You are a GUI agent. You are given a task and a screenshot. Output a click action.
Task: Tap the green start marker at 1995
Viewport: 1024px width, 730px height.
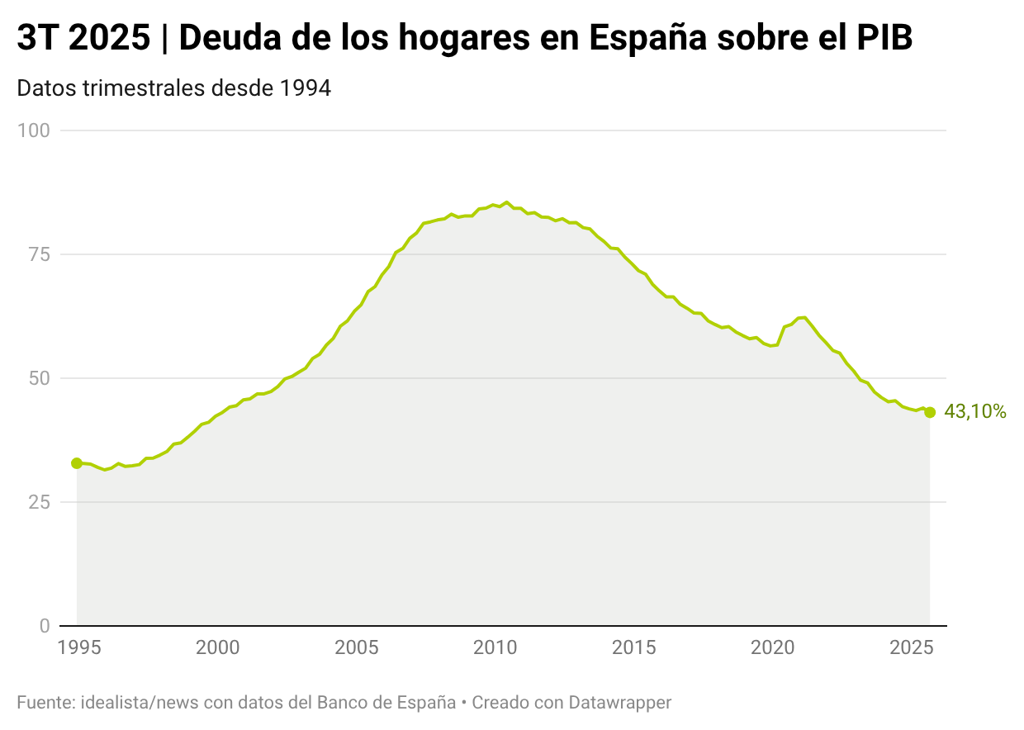(x=77, y=463)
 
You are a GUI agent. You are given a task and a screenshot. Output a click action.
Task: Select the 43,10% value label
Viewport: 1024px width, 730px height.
(x=974, y=412)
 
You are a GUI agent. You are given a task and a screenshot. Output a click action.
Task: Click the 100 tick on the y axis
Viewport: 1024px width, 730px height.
(x=34, y=130)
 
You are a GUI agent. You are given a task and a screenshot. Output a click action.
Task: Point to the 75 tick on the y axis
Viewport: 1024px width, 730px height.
(x=40, y=254)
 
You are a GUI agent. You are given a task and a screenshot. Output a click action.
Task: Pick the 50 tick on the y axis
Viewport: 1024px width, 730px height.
(x=40, y=378)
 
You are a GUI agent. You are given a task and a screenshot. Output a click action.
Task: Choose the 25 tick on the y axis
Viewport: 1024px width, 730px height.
(x=40, y=502)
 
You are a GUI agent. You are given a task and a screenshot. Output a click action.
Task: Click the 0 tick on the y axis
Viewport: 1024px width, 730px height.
(x=45, y=626)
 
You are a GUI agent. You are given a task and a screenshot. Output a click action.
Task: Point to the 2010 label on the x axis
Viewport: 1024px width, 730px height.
(x=495, y=647)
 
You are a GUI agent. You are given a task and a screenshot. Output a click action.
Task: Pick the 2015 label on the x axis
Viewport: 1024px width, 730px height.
(x=633, y=647)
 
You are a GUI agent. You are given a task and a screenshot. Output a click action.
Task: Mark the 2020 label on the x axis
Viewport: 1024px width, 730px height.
(x=772, y=647)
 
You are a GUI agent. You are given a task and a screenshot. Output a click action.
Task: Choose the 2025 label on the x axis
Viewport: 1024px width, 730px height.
(x=911, y=647)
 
